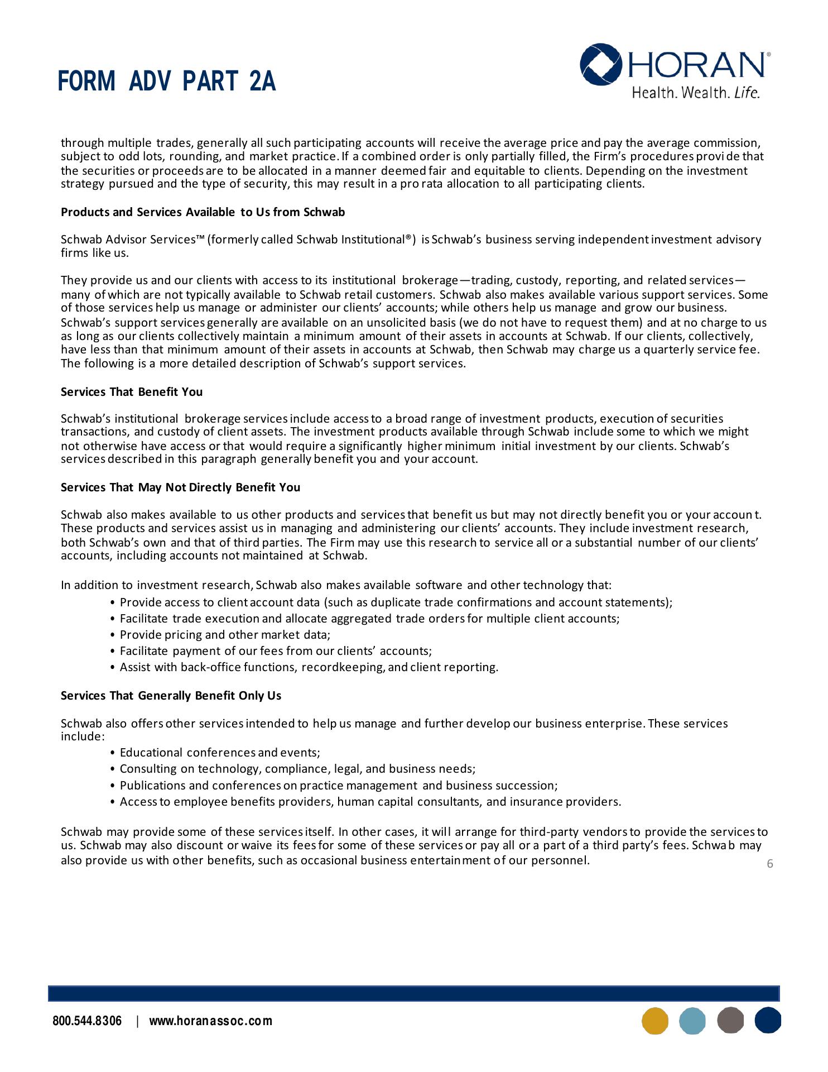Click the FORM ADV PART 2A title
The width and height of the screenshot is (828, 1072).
point(166,82)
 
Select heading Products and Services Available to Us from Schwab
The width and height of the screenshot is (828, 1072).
point(203,212)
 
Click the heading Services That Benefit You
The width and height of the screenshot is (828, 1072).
point(132,392)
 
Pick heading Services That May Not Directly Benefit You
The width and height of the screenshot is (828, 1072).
point(180,487)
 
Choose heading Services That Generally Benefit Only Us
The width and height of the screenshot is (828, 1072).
point(171,696)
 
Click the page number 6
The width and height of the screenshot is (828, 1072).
point(770,864)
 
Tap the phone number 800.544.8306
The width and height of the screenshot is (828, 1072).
point(87,1021)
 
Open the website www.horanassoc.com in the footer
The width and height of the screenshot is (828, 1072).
point(211,1021)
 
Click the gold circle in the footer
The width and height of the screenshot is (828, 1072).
point(655,1021)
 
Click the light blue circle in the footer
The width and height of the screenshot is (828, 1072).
point(692,1021)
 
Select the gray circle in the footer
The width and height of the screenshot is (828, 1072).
point(730,1021)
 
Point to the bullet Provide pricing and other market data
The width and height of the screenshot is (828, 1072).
point(225,635)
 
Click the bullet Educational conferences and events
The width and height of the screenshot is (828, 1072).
point(220,753)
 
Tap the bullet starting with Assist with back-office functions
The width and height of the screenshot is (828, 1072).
point(309,667)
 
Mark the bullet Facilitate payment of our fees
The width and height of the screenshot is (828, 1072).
point(276,651)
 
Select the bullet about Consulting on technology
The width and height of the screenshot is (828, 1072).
point(297,769)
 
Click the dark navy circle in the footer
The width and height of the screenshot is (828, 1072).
point(768,1021)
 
